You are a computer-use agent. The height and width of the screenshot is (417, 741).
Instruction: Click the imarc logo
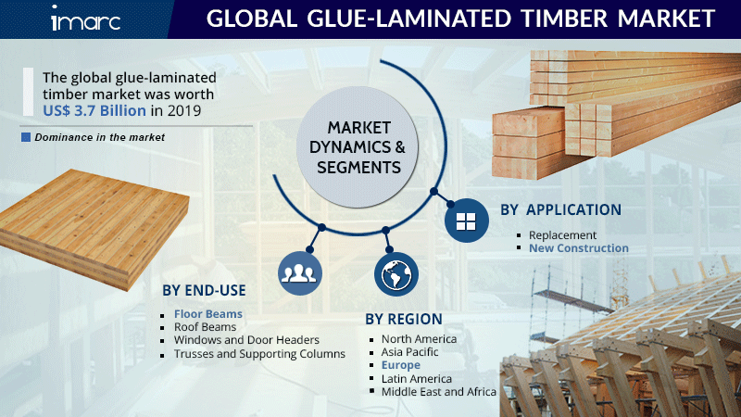(85, 19)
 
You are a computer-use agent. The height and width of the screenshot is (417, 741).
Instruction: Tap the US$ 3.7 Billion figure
(94, 110)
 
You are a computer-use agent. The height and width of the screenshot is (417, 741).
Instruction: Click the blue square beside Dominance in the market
(26, 137)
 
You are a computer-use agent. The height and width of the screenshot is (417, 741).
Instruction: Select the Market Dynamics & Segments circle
(358, 147)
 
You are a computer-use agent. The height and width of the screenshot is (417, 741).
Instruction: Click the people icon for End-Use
(299, 273)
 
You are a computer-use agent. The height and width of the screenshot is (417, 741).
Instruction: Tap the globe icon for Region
(396, 274)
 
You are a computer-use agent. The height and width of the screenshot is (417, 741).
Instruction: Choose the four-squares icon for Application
(467, 221)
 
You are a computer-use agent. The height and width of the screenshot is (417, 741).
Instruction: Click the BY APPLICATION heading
(561, 209)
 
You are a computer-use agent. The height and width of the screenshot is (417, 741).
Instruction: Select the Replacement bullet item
(562, 235)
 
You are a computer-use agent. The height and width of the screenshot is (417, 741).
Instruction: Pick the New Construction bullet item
(578, 248)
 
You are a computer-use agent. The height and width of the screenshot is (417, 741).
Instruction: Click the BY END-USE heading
(204, 290)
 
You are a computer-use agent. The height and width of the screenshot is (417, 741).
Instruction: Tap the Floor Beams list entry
(207, 314)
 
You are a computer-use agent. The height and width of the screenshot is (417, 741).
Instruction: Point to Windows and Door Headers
(246, 340)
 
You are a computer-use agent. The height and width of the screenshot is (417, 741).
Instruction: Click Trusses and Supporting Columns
(259, 354)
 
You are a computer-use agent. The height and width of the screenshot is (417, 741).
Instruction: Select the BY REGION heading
(404, 319)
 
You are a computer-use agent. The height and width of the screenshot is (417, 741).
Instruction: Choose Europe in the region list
(401, 365)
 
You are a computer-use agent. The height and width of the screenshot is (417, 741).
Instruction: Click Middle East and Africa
(438, 392)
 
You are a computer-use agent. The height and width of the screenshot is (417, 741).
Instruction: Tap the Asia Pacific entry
(409, 352)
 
